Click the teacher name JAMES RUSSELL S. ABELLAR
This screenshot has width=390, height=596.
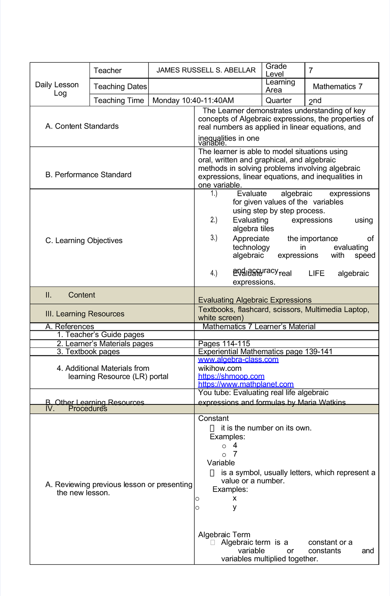206,70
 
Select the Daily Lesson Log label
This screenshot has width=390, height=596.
57,89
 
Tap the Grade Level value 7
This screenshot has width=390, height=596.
311,70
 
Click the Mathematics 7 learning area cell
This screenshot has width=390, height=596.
337,86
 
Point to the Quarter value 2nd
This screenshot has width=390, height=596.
315,101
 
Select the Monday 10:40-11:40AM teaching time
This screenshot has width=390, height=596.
193,100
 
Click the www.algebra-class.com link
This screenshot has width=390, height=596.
238,360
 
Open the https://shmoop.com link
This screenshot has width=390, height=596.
231,376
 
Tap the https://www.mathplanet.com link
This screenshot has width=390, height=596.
246,384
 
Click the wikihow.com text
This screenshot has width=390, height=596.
220,368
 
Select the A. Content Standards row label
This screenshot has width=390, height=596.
82,126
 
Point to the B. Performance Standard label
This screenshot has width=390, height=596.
88,175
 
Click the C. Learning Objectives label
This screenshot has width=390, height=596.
84,240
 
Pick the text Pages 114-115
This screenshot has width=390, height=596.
224,344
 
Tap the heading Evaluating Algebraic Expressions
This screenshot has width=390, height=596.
255,300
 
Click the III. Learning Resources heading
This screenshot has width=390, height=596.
85,314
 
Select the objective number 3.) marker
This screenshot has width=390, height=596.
214,238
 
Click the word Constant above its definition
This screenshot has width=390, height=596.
213,418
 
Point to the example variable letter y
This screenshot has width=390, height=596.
235,507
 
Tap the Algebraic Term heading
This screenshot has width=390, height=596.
224,535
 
